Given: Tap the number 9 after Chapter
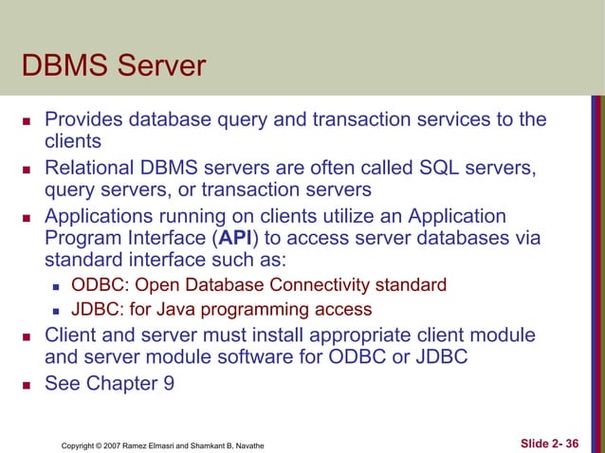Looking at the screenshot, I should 168,384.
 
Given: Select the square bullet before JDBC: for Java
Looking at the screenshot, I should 57,310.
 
